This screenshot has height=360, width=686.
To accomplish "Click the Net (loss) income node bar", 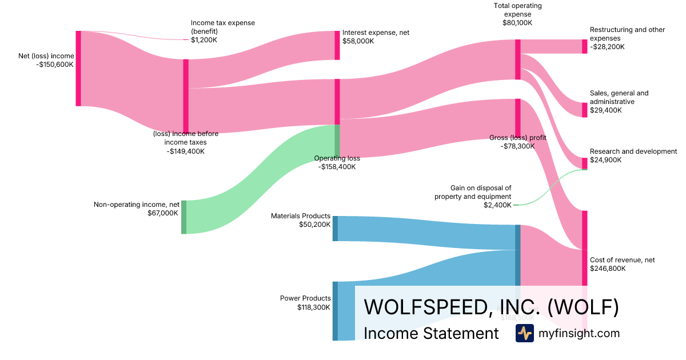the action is (78, 69).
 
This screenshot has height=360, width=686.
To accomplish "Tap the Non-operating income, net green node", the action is (184, 217).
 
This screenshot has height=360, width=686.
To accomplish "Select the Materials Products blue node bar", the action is (335, 228).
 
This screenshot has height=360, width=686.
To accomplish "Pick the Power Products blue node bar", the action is (335, 311).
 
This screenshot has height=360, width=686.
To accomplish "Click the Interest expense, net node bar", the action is (337, 45).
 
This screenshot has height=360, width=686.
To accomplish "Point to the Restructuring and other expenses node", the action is (584, 46).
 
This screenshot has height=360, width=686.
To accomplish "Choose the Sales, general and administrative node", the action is (584, 110).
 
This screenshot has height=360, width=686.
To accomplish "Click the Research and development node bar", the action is (584, 163).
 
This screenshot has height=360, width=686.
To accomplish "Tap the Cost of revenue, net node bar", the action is (584, 248).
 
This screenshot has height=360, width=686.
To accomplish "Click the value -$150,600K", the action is (55, 65).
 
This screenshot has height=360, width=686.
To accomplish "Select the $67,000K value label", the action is (163, 213).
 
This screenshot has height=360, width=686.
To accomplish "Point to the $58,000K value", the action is (358, 41).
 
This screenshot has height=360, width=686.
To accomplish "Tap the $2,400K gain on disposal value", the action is (497, 205).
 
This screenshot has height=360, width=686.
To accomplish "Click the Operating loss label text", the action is (337, 158).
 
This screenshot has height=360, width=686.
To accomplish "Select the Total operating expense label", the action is (517, 10).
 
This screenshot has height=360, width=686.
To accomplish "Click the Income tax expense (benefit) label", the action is (222, 27).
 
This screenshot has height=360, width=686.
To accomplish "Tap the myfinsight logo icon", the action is (524, 333).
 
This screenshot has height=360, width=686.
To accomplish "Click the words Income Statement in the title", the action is (431, 333).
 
